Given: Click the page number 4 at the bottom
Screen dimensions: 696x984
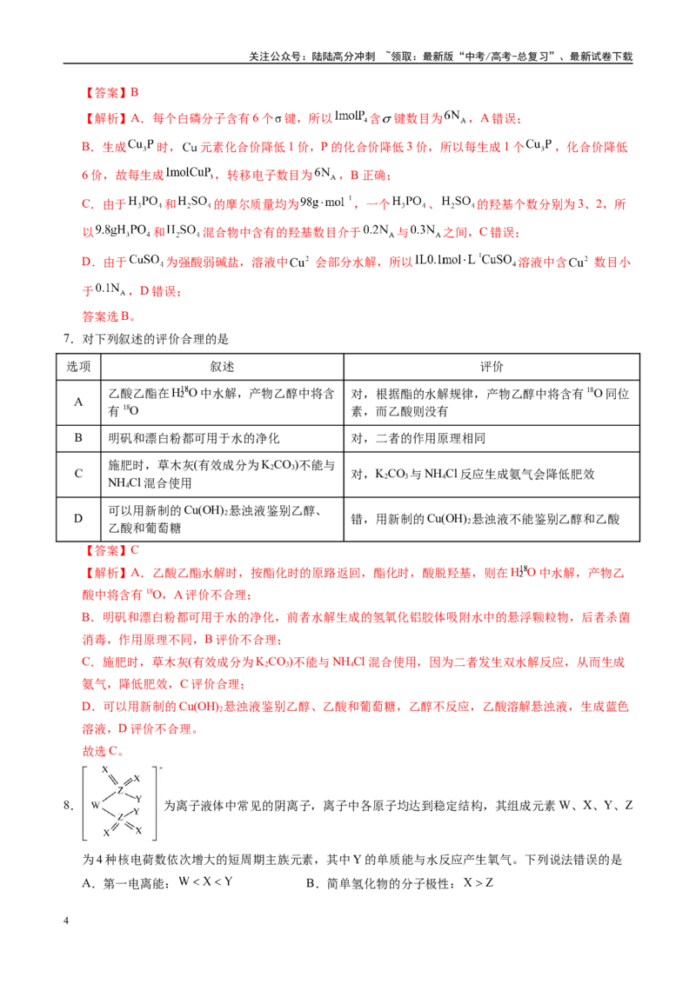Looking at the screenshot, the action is (66, 921).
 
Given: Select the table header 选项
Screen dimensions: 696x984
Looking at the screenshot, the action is (78, 367).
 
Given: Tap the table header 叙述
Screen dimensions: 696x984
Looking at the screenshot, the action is (222, 367).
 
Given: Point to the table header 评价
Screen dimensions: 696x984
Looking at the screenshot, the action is (492, 367).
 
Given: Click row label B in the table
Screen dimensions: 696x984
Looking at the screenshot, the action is (78, 438).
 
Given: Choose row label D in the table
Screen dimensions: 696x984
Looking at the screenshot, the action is (78, 518).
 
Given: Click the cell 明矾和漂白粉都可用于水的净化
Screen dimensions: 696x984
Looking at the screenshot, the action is (193, 438).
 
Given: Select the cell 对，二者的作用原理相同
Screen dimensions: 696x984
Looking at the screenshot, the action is (418, 438).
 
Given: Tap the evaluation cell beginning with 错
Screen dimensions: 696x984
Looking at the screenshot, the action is (485, 519).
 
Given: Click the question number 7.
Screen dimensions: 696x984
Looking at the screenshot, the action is (69, 339).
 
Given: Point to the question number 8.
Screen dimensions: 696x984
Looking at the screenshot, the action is (69, 805).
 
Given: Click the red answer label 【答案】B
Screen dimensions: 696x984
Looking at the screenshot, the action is (110, 93).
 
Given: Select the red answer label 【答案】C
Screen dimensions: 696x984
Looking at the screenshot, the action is (110, 550).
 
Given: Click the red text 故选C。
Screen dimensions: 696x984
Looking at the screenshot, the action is (103, 750).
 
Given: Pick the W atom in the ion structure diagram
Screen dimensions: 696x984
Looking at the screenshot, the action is (96, 805).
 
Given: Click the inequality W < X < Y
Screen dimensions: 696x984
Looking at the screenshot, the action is (206, 881).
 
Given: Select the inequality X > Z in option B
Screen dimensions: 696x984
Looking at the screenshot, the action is (478, 883).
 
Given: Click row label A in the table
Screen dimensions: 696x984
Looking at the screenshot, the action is (78, 402).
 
